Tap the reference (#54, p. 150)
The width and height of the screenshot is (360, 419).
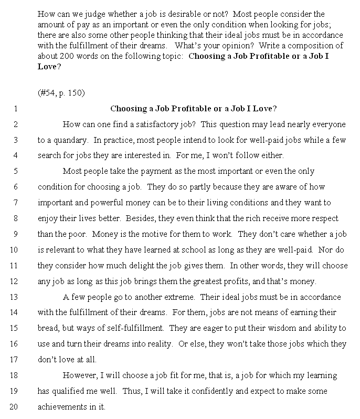pyautogui.click(x=61, y=93)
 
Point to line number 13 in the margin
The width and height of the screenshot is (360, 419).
pyautogui.click(x=14, y=297)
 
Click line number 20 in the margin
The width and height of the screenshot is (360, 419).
pyautogui.click(x=14, y=406)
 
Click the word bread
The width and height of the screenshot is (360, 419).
pyautogui.click(x=48, y=328)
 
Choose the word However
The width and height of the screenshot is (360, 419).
pyautogui.click(x=79, y=375)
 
